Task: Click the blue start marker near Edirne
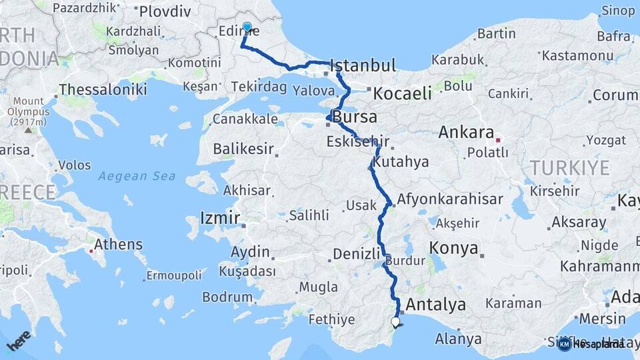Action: tap(247, 27)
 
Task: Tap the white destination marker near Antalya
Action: tap(395, 322)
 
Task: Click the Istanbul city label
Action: tap(363, 65)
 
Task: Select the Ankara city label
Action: tap(466, 132)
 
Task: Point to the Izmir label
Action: tap(220, 218)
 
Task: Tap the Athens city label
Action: tap(119, 244)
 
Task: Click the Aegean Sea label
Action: tap(137, 176)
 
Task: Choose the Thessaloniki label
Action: tap(103, 89)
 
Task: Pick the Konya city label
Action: tap(454, 249)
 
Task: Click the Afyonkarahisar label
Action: tap(450, 199)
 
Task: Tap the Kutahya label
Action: tap(401, 162)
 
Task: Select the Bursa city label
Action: tap(355, 117)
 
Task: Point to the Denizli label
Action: tap(356, 253)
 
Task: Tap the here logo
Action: tap(19, 341)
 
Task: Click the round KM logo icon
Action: tap(565, 344)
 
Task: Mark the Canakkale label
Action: tap(244, 119)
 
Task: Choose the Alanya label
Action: tap(458, 339)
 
